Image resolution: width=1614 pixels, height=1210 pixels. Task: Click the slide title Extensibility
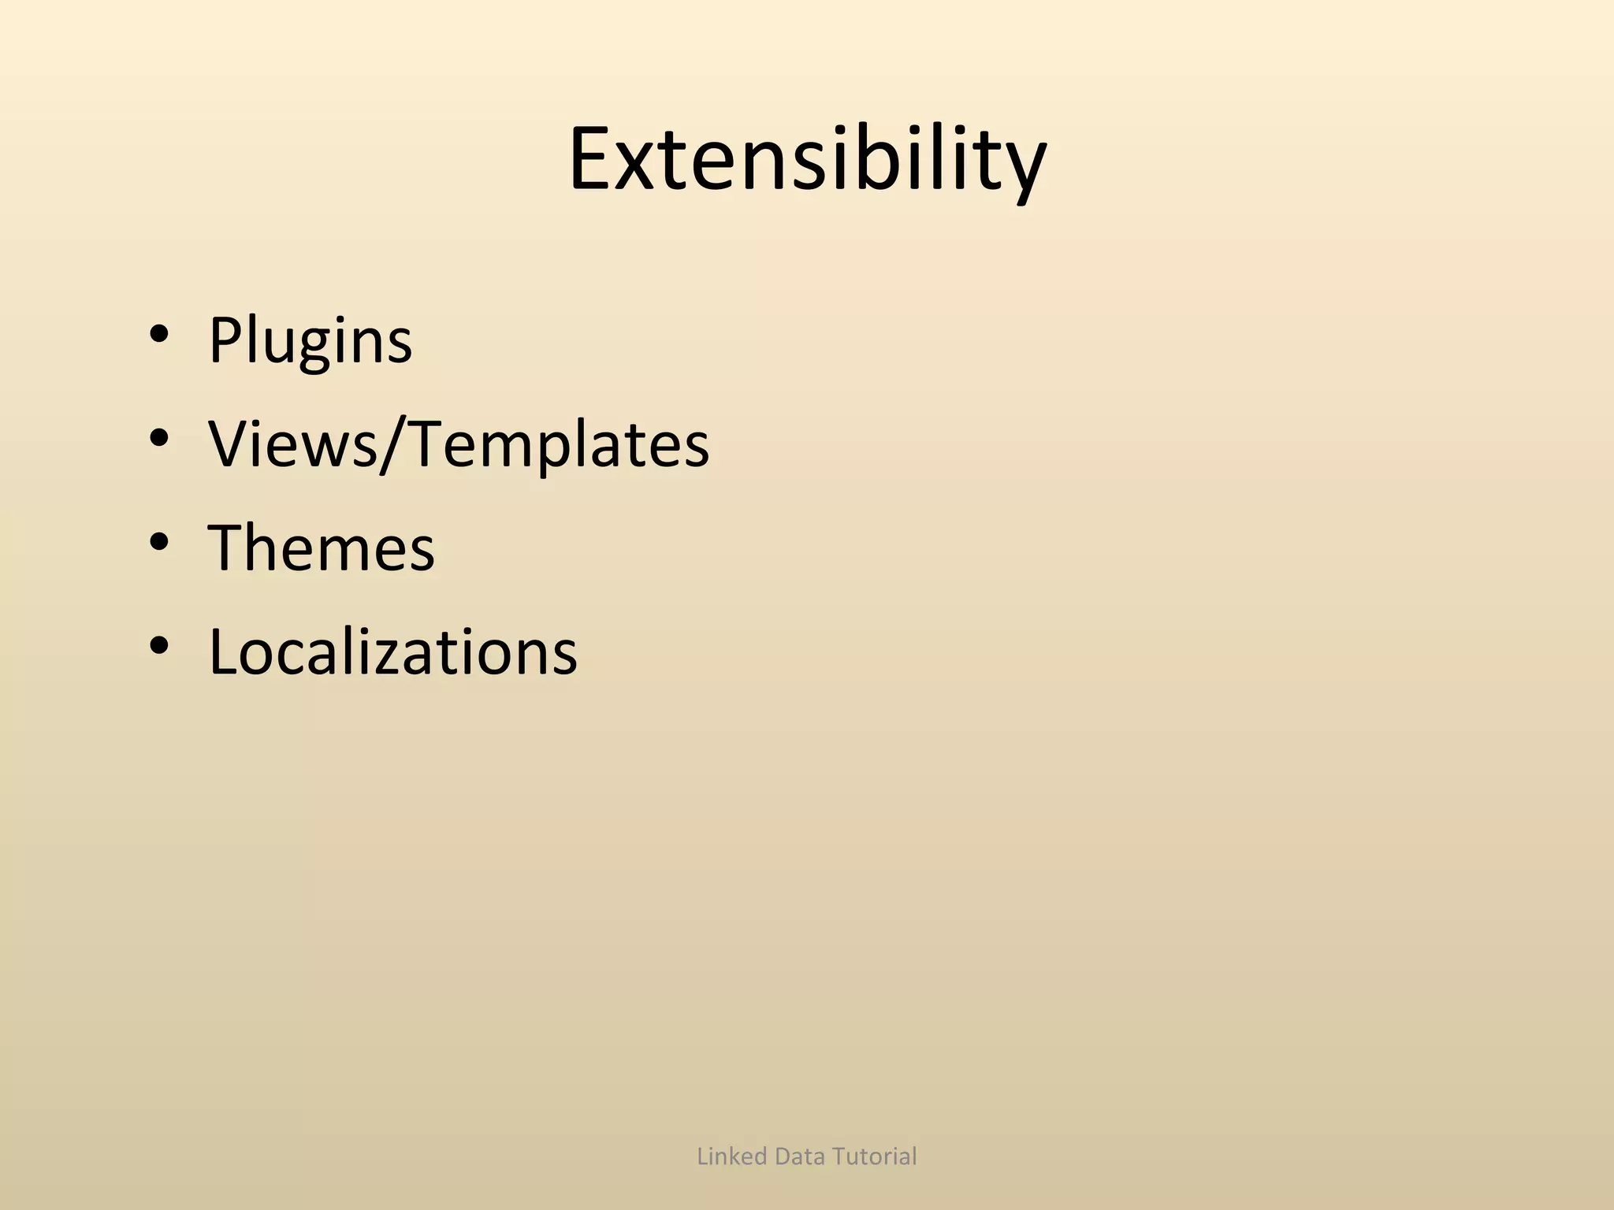click(807, 159)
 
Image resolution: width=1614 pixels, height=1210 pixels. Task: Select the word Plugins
click(310, 341)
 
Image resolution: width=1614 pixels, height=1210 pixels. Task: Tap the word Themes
click(322, 547)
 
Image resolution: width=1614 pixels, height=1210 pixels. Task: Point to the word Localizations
click(392, 652)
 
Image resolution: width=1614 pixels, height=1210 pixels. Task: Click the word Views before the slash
click(292, 444)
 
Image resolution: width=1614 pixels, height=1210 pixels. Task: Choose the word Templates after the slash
click(560, 444)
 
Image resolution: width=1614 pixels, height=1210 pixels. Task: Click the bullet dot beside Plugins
click(158, 336)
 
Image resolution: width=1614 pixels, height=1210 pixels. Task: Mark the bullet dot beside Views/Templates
click(158, 439)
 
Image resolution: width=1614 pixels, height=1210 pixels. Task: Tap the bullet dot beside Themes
click(158, 543)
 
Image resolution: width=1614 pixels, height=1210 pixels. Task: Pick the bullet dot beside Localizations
click(158, 647)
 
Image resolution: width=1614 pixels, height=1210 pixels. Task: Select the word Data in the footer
click(800, 1156)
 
